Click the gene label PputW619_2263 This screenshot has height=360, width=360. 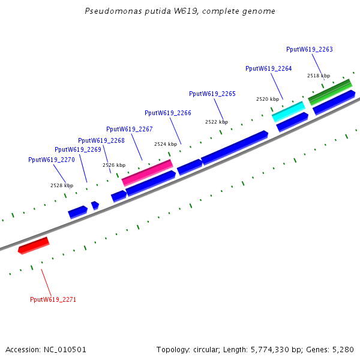click(x=309, y=49)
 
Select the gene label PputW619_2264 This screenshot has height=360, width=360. click(x=268, y=68)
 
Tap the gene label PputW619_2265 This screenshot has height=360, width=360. click(x=212, y=94)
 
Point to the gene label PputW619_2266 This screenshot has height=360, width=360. click(x=167, y=113)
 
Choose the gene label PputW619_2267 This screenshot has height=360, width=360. click(x=129, y=129)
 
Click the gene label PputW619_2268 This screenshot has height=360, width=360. click(x=101, y=140)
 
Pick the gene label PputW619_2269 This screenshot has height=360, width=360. click(x=77, y=149)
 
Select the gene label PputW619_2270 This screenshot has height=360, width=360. click(x=51, y=160)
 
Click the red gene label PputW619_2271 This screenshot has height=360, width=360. click(x=53, y=299)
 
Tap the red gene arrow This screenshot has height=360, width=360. click(x=34, y=245)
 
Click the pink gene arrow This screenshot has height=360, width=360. click(x=148, y=172)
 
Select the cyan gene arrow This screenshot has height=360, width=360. click(x=289, y=110)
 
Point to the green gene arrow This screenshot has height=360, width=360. click(x=330, y=91)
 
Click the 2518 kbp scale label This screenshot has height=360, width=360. click(x=318, y=76)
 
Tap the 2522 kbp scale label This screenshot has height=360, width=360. click(x=216, y=122)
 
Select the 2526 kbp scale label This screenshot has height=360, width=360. click(x=113, y=165)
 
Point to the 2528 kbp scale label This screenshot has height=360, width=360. click(x=61, y=185)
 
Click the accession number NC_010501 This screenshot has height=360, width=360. click(x=67, y=349)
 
